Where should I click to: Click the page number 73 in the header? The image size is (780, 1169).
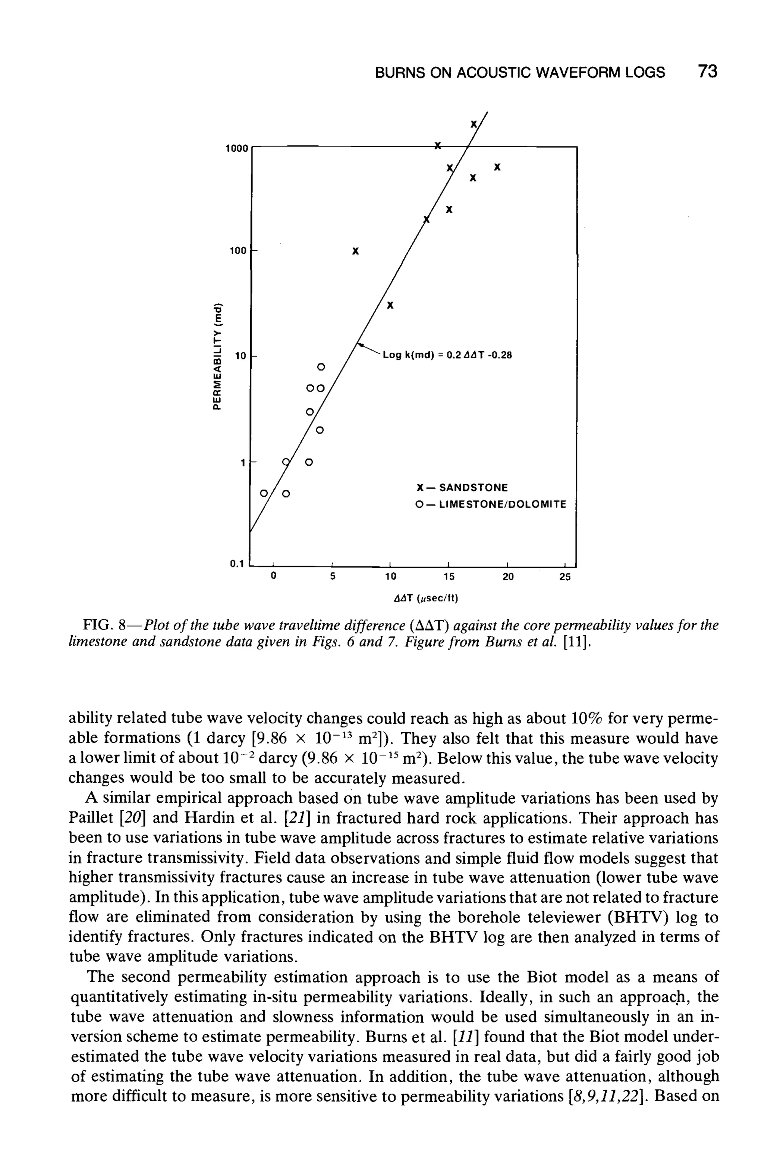[x=707, y=72]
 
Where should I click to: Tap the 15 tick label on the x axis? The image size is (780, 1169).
[x=449, y=577]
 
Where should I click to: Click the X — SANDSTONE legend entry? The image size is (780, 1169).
[x=462, y=487]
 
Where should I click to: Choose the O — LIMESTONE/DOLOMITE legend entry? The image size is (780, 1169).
[x=491, y=505]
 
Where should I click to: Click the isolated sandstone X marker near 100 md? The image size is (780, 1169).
[x=355, y=252]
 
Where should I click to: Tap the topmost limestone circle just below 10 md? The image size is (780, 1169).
[x=321, y=367]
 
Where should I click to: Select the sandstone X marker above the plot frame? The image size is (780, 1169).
[x=474, y=123]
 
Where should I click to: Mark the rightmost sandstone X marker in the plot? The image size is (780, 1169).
[x=497, y=167]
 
